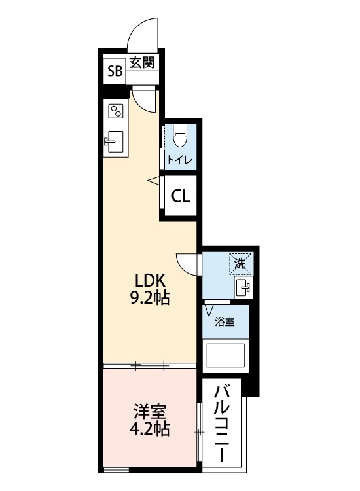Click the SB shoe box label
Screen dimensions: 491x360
coord(115,71)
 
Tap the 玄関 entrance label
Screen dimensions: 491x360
coord(141,64)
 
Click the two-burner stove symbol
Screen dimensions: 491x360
coord(116,111)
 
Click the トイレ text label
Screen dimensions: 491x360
coord(179,160)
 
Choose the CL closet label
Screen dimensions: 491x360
coord(181,195)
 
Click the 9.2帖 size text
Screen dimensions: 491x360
coord(149,299)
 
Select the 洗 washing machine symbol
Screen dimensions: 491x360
coord(240,265)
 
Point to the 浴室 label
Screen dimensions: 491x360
coord(225,322)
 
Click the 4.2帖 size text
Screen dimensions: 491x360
coord(150,429)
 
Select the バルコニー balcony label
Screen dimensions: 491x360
coord(223,424)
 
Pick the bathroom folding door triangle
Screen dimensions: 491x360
coord(209,309)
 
